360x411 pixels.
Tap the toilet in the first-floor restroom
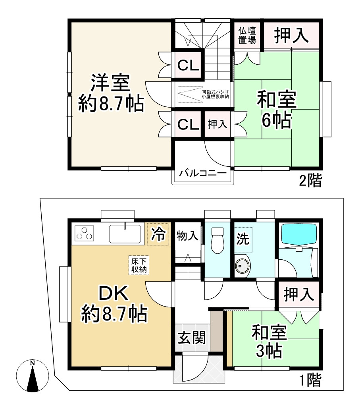point(218,240)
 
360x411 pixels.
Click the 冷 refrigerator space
point(158,235)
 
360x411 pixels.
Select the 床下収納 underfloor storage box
point(139,265)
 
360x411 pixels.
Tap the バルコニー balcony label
point(202,173)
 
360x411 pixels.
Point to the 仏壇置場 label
point(247,35)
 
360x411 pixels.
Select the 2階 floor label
point(310,181)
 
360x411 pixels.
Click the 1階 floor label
point(310,382)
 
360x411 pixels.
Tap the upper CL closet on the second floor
point(188,65)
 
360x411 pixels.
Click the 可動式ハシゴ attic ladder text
point(215,93)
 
